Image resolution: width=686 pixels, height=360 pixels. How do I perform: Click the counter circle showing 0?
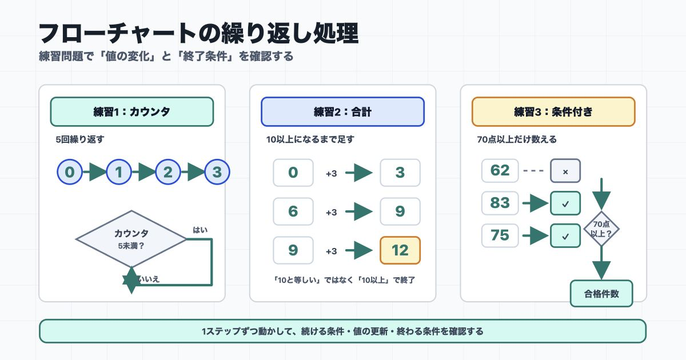(70, 172)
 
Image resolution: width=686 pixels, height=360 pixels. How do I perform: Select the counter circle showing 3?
(217, 172)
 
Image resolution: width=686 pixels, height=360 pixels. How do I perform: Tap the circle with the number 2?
(168, 172)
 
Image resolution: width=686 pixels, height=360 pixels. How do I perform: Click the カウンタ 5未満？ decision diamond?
(131, 239)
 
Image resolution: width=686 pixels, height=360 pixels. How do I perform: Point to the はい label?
(200, 230)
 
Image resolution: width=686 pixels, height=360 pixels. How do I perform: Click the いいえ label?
(149, 279)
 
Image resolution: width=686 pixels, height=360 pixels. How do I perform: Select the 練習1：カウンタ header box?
(132, 112)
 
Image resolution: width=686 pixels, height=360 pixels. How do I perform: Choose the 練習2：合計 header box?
(342, 112)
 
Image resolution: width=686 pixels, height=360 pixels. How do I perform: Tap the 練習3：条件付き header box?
(553, 112)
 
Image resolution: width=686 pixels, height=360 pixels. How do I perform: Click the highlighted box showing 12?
(400, 250)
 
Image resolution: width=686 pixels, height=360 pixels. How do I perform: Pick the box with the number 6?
(293, 211)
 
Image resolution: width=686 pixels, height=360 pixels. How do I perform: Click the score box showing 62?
(500, 170)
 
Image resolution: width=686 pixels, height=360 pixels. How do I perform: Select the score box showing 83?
(500, 203)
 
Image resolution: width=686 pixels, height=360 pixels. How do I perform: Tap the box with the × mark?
(565, 170)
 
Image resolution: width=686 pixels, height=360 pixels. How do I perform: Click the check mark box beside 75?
(565, 235)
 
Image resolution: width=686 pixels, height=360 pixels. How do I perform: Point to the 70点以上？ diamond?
(601, 229)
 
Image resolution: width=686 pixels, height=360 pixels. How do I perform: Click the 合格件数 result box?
(601, 294)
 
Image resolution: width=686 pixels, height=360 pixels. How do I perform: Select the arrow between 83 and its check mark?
(536, 203)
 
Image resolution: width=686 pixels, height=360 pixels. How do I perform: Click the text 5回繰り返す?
(80, 139)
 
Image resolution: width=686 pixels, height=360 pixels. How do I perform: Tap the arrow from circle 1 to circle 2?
(143, 172)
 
